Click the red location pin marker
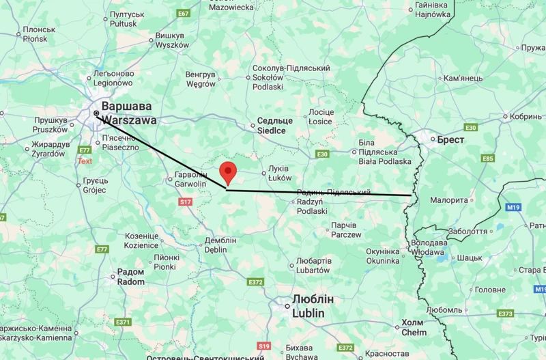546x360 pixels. click(227, 172)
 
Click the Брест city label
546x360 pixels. click(450, 139)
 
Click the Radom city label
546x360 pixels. click(131, 277)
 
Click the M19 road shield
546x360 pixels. click(514, 206)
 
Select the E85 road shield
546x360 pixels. click(487, 159)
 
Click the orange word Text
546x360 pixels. click(85, 161)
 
